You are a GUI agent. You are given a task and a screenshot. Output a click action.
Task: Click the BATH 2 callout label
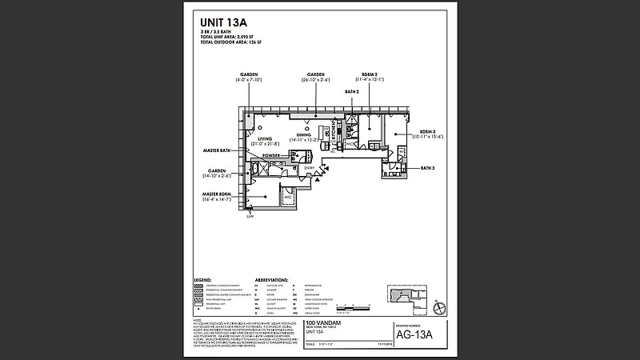[351, 92]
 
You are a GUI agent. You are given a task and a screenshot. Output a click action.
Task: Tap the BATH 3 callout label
[427, 168]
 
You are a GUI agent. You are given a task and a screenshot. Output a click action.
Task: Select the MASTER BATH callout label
[216, 150]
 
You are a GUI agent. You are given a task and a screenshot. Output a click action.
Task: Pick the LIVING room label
[265, 138]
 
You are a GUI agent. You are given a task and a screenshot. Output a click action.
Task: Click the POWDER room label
[270, 155]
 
